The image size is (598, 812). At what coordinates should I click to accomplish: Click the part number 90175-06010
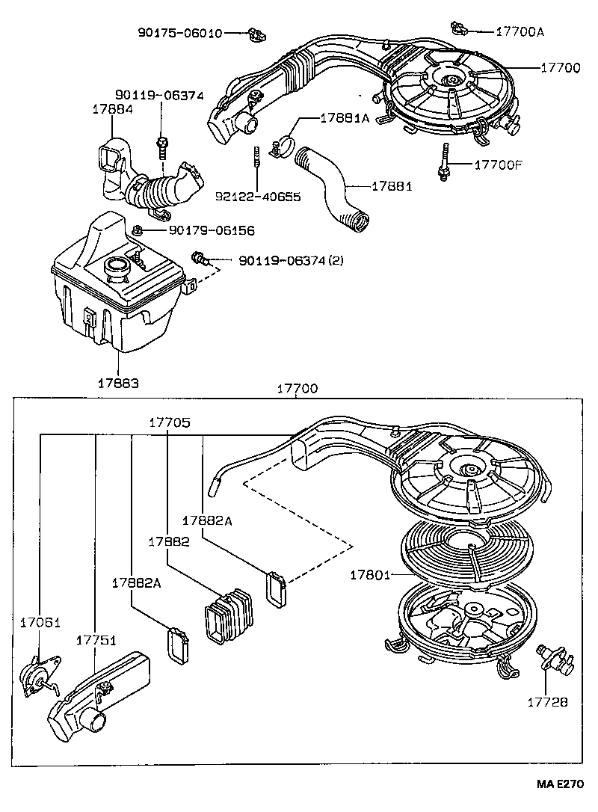(x=179, y=33)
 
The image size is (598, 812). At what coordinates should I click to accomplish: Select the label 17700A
(x=520, y=31)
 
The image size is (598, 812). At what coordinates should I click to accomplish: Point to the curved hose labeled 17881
(x=333, y=187)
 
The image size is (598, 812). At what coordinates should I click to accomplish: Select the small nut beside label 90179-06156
(x=138, y=230)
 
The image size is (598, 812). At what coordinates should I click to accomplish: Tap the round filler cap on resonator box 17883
(x=117, y=265)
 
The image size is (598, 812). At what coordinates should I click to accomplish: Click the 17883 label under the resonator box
(x=117, y=382)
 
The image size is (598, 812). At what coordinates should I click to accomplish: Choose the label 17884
(x=112, y=108)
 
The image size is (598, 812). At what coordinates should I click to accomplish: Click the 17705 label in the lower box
(x=170, y=422)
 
